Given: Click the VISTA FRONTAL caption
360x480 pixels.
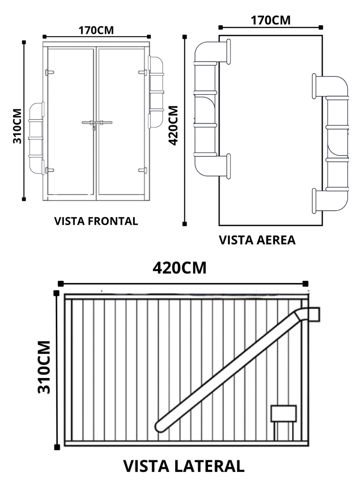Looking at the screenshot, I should click(96, 221).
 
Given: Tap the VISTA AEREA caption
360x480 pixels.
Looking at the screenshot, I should click(257, 240).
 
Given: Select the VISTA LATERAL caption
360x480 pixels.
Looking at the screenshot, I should click(184, 467).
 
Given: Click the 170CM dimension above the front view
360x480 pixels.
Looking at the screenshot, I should click(96, 30).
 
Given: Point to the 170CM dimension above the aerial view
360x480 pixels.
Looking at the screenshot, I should click(271, 20).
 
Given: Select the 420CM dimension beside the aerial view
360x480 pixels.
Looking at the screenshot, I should click(173, 126).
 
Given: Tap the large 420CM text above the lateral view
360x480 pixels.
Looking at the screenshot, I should click(180, 268).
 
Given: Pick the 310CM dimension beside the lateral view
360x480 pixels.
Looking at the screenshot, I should click(44, 367).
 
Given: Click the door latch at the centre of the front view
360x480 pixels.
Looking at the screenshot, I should click(96, 123).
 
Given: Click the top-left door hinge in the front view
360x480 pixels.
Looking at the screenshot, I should click(50, 72).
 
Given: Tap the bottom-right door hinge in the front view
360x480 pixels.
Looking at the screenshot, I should click(142, 170).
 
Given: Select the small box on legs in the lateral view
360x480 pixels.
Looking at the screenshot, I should click(284, 413).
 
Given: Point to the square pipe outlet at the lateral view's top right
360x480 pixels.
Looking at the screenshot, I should click(313, 314).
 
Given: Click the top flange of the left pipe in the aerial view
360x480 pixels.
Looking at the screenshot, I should click(229, 51).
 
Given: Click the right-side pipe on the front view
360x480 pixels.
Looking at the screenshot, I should click(156, 92).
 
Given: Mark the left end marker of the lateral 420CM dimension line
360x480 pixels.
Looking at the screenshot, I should click(61, 284).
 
